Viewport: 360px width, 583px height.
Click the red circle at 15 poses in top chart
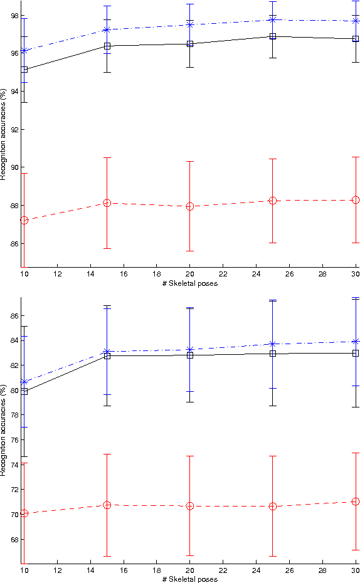(x=107, y=203)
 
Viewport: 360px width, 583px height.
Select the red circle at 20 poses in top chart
(x=189, y=206)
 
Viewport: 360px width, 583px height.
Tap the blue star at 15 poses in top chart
(x=107, y=29)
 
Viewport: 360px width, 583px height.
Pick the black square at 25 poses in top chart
(x=273, y=36)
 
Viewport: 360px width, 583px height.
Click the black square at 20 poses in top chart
(x=189, y=44)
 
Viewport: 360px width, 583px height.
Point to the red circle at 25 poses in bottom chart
(x=273, y=506)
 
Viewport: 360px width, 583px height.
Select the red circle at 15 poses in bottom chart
(x=107, y=505)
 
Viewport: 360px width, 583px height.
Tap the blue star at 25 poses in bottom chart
(x=273, y=344)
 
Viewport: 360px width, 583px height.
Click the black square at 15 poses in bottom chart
(x=107, y=355)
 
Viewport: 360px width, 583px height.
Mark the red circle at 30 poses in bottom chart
(x=356, y=502)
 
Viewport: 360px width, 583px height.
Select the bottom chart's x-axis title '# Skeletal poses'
(x=189, y=579)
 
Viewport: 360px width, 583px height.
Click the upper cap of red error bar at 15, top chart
(x=107, y=157)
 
